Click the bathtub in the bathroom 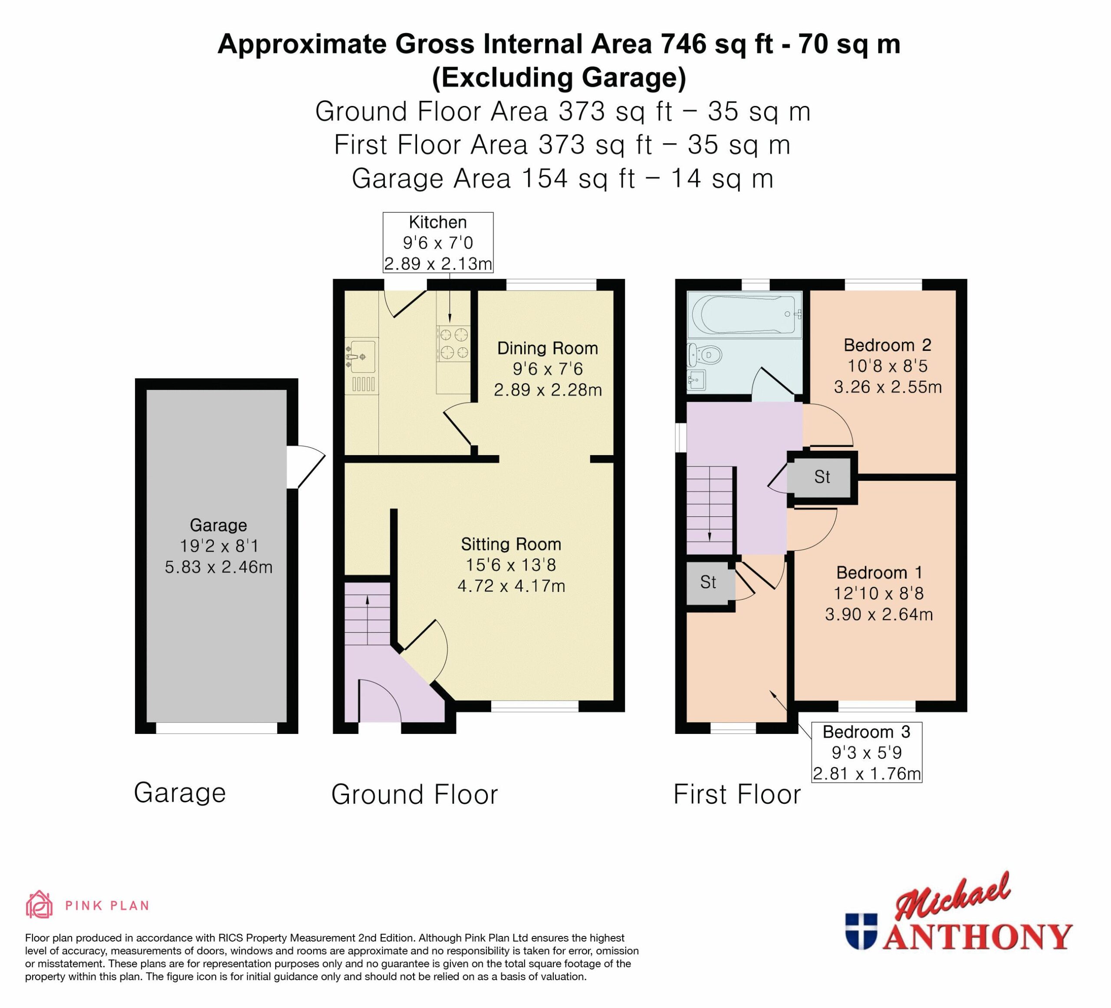744,314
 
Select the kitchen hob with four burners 454,343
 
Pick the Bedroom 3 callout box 867,752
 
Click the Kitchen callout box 438,243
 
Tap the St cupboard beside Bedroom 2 822,477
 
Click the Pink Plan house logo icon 39,906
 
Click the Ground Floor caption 414,795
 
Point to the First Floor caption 737,795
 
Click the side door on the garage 306,467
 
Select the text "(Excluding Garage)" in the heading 559,77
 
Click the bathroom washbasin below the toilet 697,380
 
